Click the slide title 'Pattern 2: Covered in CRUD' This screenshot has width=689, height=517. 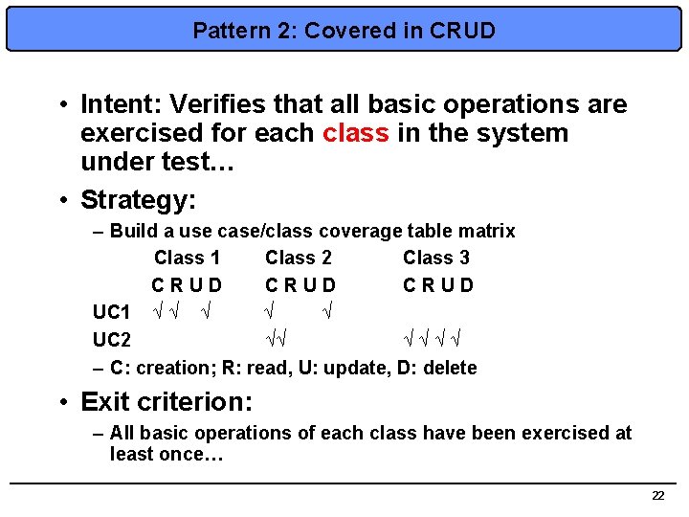click(x=344, y=31)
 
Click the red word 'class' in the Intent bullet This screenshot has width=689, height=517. click(x=356, y=133)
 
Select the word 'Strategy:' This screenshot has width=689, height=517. click(x=138, y=200)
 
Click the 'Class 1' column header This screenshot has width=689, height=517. click(x=187, y=258)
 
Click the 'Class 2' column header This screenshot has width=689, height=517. click(x=299, y=258)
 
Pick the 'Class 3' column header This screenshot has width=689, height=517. click(x=436, y=258)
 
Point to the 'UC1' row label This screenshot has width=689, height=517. click(x=111, y=312)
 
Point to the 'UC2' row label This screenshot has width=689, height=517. click(x=111, y=340)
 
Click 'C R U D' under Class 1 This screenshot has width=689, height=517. click(x=187, y=285)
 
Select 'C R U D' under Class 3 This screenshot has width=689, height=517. click(x=438, y=285)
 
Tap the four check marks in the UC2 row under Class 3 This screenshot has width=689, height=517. click(x=432, y=338)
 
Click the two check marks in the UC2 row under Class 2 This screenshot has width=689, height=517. click(x=278, y=338)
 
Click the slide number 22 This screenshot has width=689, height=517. click(x=657, y=495)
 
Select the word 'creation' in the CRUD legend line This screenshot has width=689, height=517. click(x=164, y=368)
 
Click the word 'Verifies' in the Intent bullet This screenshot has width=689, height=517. click(x=203, y=104)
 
